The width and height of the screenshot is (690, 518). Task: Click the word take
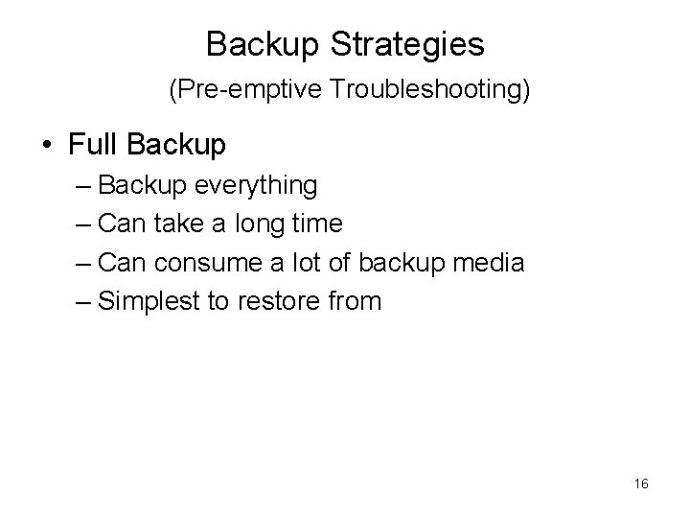180,224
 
